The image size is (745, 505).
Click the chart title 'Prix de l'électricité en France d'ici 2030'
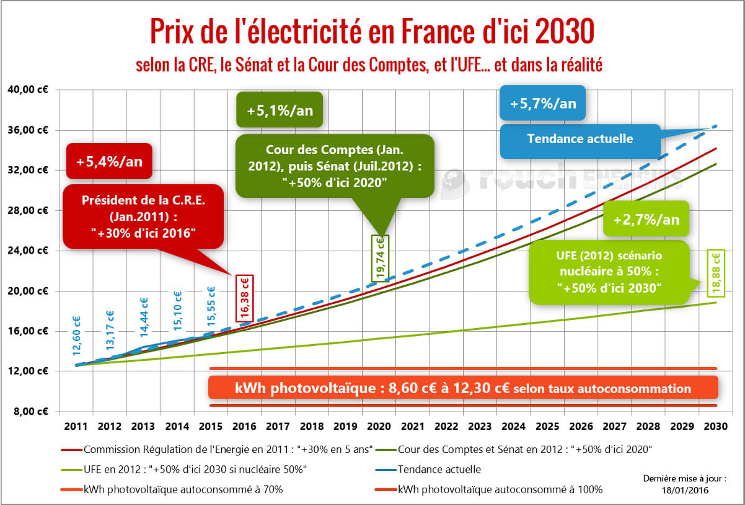[372, 31]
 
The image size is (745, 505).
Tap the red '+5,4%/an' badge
[109, 162]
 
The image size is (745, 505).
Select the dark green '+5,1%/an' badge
[279, 111]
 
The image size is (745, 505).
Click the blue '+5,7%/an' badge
[543, 103]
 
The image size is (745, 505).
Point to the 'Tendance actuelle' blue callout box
[580, 139]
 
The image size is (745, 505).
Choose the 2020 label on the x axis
[379, 426]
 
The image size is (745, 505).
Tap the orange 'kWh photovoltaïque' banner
[463, 388]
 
